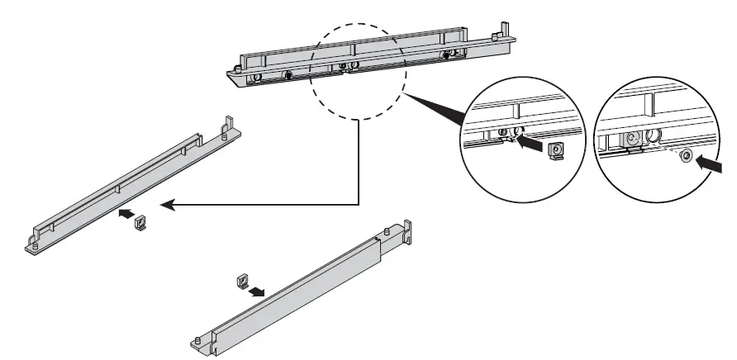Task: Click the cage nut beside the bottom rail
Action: pyautogui.click(x=243, y=282)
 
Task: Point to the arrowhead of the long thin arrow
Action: pyautogui.click(x=164, y=205)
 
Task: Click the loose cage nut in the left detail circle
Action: pyautogui.click(x=558, y=149)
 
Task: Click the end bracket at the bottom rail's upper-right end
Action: pyautogui.click(x=406, y=230)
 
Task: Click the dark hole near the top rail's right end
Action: pyautogui.click(x=451, y=55)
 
